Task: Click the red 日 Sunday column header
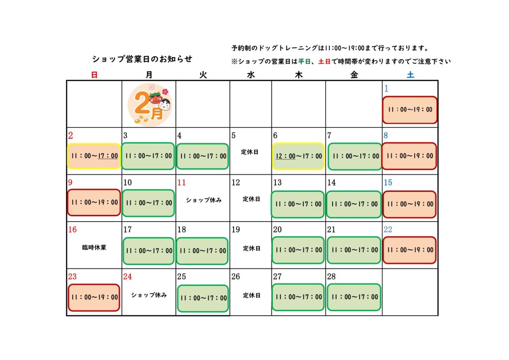[x=94, y=75]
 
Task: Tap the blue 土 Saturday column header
[x=410, y=75]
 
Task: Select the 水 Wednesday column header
[x=251, y=75]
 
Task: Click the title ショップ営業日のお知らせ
[x=142, y=59]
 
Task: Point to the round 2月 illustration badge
[x=149, y=104]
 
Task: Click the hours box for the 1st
[x=410, y=110]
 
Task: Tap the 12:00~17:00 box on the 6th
[x=298, y=156]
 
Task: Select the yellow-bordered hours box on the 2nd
[x=94, y=156]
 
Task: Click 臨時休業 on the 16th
[x=94, y=247]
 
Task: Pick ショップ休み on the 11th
[x=203, y=200]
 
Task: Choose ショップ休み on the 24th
[x=149, y=295]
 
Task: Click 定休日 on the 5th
[x=250, y=152]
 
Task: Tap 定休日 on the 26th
[x=252, y=295]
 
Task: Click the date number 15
[x=388, y=182]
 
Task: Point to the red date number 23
[x=73, y=276]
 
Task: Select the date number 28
[x=332, y=276]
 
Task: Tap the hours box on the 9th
[x=94, y=202]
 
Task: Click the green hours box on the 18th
[x=202, y=251]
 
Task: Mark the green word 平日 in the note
[x=305, y=61]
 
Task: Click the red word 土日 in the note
[x=324, y=61]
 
